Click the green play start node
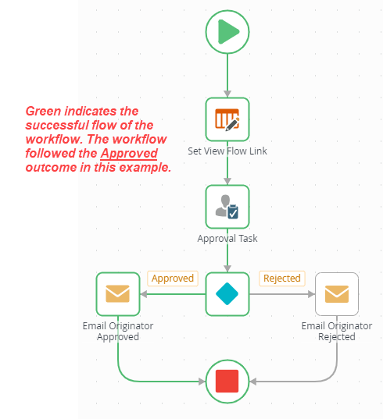[227, 32]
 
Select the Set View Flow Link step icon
[227, 119]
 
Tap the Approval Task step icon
[227, 207]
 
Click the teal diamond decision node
[227, 293]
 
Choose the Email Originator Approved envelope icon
[117, 293]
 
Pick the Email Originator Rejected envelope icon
[337, 293]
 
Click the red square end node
[227, 381]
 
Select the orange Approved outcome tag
[172, 279]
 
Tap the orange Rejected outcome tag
[282, 279]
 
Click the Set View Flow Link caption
[227, 151]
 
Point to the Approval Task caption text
[227, 239]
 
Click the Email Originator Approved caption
[117, 331]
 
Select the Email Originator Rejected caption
[337, 331]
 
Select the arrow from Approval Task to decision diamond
[227, 257]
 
